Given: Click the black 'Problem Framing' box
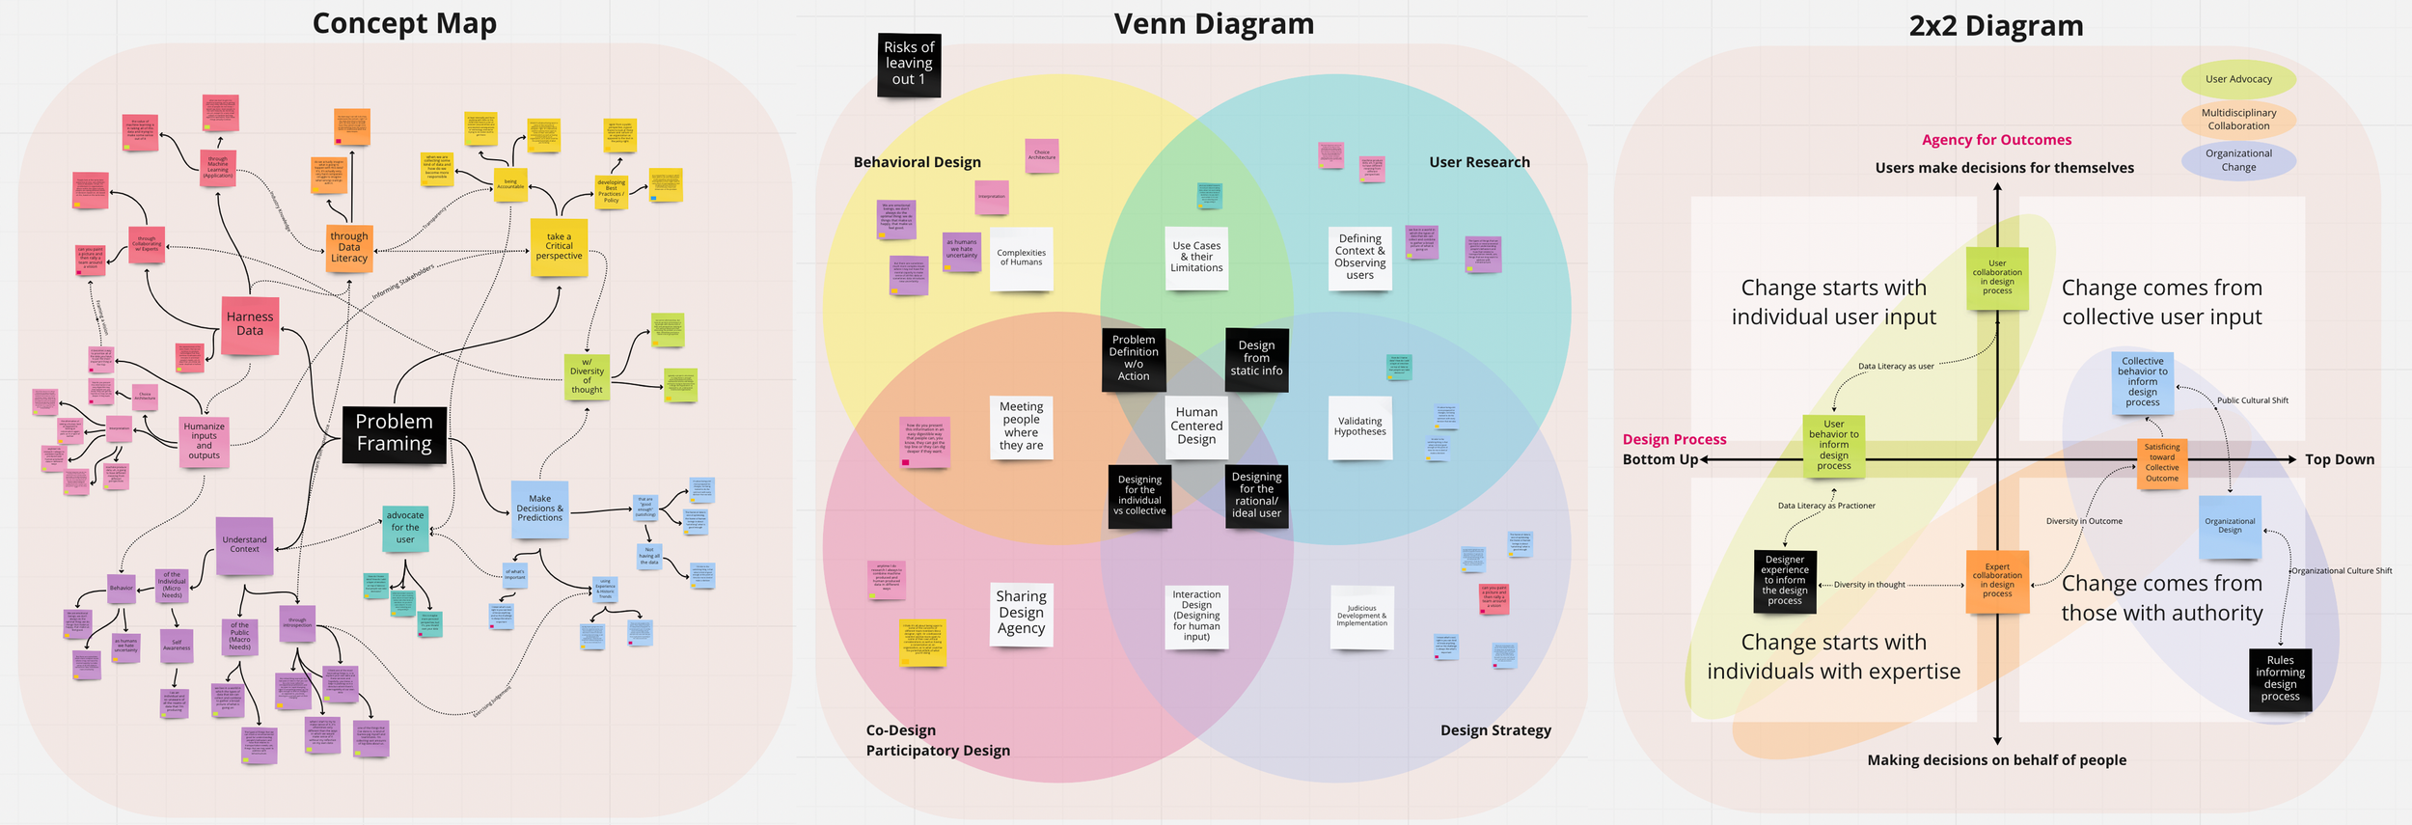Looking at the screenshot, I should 394,433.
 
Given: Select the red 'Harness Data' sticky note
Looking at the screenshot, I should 250,325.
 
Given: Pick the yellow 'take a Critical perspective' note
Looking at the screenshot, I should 559,247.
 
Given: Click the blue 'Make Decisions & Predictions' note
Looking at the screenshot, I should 539,509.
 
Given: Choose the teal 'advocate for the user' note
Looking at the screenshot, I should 405,527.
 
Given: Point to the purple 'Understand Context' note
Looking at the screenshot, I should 244,545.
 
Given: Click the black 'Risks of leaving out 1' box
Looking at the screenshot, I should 909,64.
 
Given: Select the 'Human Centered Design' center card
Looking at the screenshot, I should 1196,426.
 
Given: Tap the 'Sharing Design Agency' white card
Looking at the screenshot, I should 1021,613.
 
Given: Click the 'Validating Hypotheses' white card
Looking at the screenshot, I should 1359,426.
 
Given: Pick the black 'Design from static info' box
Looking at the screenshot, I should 1256,359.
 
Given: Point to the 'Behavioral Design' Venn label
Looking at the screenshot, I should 917,162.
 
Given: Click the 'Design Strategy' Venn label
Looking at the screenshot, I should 1495,730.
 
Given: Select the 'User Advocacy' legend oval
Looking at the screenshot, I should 2238,79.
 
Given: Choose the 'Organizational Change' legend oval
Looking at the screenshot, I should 2238,160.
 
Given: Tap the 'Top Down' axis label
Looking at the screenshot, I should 2339,459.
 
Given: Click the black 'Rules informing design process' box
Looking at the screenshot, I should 2280,678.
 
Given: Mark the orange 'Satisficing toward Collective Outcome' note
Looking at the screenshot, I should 2161,463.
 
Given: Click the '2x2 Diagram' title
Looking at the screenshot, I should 1995,26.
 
